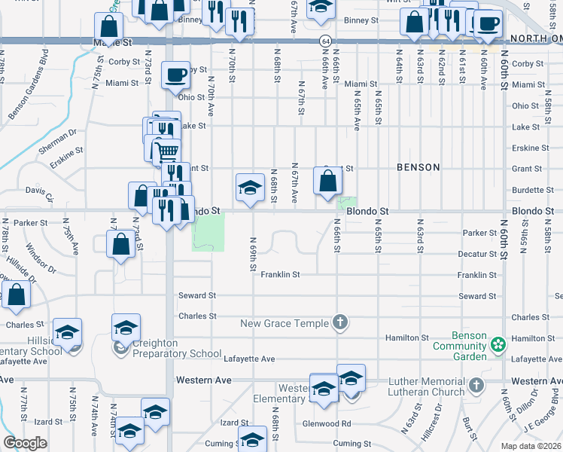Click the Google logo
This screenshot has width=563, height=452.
click(25, 443)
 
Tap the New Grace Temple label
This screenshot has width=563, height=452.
click(285, 323)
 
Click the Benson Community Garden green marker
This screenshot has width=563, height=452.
click(497, 346)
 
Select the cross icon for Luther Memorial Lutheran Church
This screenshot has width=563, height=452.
click(475, 386)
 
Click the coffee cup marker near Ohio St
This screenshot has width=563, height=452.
click(175, 75)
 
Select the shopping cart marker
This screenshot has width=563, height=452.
click(167, 152)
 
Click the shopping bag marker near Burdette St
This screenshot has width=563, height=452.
click(327, 181)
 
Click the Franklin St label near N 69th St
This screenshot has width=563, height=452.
click(280, 275)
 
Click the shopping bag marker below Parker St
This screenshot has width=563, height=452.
click(121, 245)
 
